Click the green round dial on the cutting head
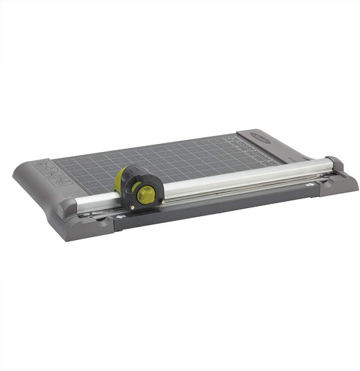coord(145,193)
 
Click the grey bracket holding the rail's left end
coord(68,207)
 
